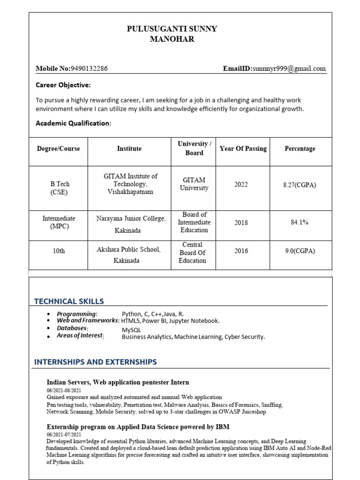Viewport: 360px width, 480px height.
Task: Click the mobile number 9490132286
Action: [x=89, y=68]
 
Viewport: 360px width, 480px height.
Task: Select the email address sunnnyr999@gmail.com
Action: [x=288, y=68]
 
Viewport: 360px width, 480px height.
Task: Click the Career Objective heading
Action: [x=63, y=85]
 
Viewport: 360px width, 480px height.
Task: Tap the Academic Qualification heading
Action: [x=74, y=123]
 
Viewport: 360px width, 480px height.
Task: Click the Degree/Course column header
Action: [x=59, y=149]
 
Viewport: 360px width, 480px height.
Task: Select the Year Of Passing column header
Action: [x=243, y=149]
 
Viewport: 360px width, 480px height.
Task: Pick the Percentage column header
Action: [x=300, y=149]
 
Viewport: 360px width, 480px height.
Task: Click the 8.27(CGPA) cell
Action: [x=300, y=185]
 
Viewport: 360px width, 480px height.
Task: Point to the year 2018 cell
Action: [x=241, y=223]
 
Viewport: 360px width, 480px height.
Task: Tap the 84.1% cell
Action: [x=300, y=222]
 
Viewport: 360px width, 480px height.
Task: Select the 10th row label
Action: [x=59, y=251]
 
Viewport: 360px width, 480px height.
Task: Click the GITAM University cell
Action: [x=194, y=184]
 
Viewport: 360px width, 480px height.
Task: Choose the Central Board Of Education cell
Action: [x=193, y=253]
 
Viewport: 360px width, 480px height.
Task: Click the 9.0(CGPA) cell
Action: [x=300, y=251]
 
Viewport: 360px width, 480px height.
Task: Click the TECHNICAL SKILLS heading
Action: [x=69, y=301]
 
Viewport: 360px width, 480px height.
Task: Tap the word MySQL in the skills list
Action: [x=131, y=330]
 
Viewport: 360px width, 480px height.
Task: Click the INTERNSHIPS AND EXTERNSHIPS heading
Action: [x=96, y=362]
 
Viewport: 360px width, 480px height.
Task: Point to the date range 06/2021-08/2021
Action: [x=64, y=390]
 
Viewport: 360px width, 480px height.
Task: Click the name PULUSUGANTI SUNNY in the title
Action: [x=172, y=29]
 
